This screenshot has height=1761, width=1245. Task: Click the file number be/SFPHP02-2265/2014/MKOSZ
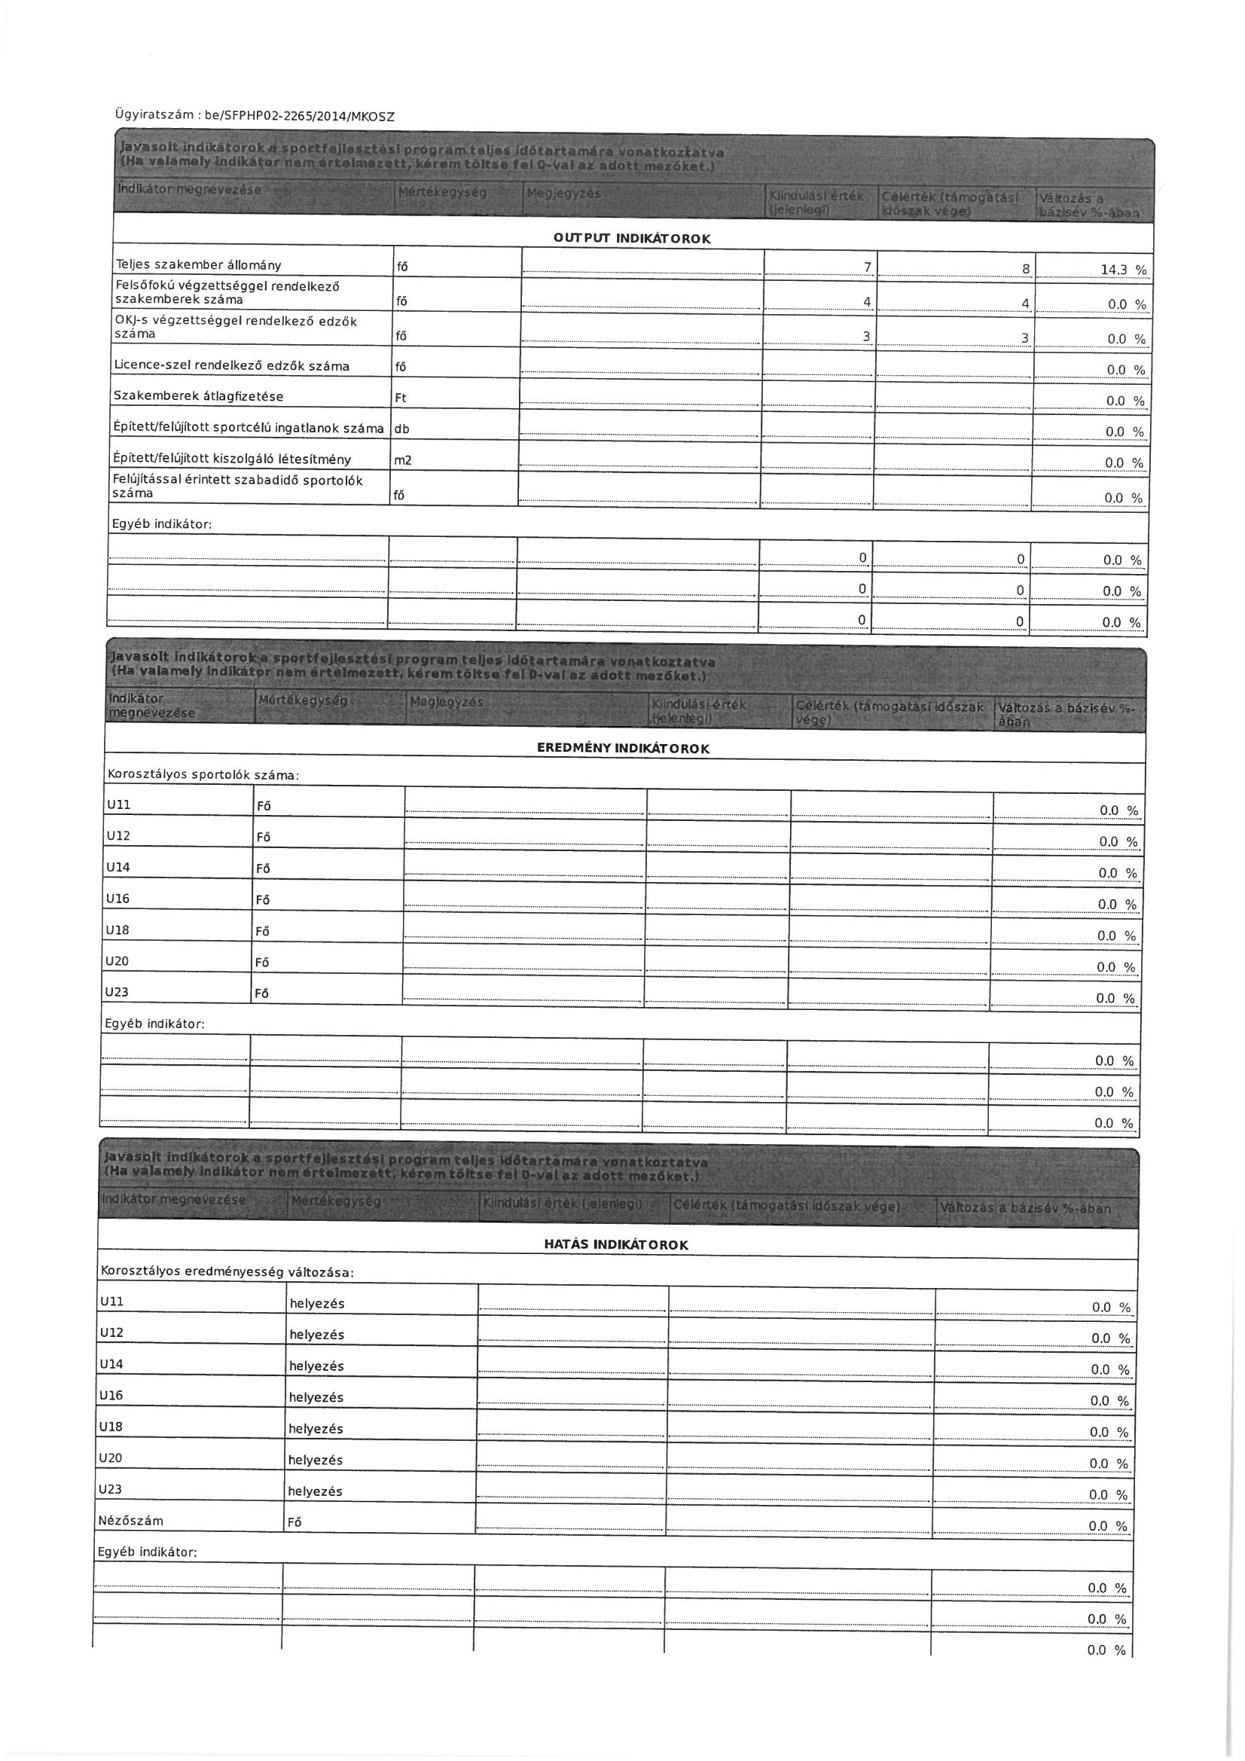point(299,117)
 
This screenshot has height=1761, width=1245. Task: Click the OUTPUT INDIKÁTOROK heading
point(632,239)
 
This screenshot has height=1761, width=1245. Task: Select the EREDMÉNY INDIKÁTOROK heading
point(623,749)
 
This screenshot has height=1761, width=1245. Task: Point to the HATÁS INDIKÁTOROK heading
point(616,1245)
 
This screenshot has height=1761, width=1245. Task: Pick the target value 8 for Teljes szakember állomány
point(1026,268)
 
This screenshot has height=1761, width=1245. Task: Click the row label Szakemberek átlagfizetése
point(199,396)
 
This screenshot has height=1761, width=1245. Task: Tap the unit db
point(402,429)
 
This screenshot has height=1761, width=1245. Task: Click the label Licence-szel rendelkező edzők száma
point(232,366)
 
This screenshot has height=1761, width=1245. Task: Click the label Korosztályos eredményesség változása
point(226,1271)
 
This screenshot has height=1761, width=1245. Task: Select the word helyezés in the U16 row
point(316,1397)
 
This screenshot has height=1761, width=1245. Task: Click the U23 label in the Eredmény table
point(117,993)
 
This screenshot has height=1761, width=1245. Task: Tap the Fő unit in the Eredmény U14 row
point(263,869)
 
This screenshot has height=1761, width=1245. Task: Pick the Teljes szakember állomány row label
point(199,265)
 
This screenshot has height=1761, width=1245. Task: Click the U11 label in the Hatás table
point(111,1302)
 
